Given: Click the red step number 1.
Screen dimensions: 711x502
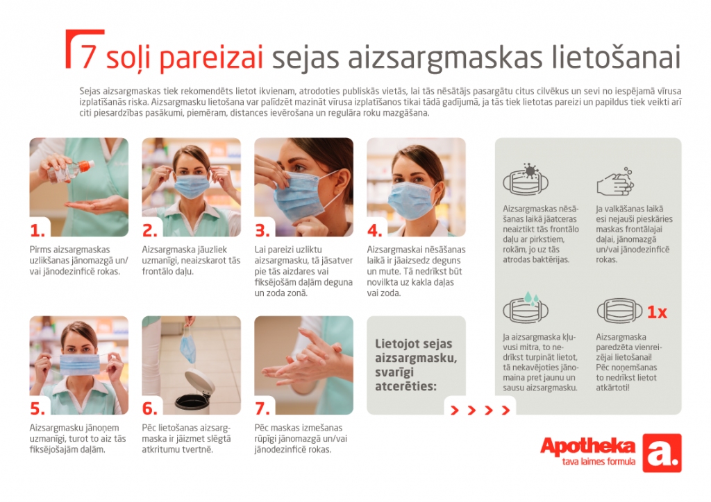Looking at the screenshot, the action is click(37, 231).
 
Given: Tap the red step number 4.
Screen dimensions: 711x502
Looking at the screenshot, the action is click(374, 231).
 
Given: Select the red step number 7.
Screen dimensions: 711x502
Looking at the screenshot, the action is click(262, 409).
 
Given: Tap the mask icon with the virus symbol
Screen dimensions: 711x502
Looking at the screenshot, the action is click(526, 180).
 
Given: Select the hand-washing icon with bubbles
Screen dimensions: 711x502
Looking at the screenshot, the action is click(615, 181).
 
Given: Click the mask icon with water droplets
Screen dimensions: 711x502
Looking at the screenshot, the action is click(526, 307).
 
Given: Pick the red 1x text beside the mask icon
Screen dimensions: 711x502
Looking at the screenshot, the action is click(657, 312).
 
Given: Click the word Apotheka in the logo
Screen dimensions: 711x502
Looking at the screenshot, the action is click(587, 447).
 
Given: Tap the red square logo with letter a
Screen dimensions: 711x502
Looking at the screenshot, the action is click(662, 453).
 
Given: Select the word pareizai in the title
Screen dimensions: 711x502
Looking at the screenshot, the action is click(211, 58).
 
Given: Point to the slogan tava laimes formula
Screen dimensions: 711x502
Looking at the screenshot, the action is click(599, 462).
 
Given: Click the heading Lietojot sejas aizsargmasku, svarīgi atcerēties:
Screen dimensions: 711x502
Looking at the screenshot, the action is click(416, 365).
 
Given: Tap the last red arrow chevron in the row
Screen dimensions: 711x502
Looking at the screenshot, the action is click(505, 410).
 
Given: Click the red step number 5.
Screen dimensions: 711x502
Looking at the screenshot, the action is click(37, 409).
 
